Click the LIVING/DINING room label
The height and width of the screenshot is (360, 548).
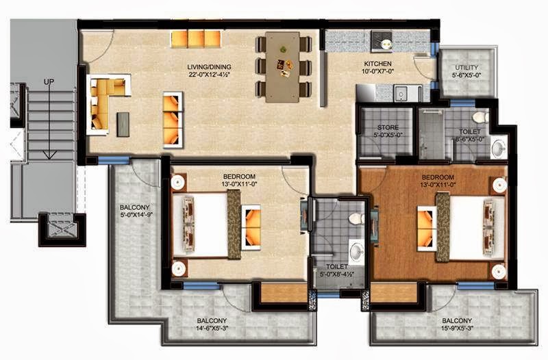(x=209, y=66)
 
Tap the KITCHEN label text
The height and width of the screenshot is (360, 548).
(x=377, y=64)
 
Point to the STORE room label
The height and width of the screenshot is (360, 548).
(x=388, y=127)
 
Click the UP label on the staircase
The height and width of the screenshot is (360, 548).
(x=49, y=81)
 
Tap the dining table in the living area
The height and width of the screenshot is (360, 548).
(x=282, y=66)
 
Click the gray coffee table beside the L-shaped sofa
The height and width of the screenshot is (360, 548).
(x=123, y=125)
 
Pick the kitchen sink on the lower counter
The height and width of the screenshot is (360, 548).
(x=401, y=94)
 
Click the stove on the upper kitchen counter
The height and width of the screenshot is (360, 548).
(x=382, y=42)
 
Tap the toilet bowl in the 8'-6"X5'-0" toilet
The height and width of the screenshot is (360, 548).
(x=481, y=117)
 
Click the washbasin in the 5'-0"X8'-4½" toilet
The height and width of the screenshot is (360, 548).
(x=357, y=250)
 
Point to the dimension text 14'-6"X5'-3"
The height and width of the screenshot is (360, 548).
(x=212, y=328)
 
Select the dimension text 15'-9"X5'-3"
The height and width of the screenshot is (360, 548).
(x=457, y=328)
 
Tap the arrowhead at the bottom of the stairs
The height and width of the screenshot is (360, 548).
(x=49, y=155)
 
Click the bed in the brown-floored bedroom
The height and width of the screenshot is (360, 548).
(x=471, y=229)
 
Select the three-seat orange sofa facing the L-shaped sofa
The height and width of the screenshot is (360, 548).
(x=173, y=120)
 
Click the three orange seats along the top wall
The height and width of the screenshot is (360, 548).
(x=196, y=40)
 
